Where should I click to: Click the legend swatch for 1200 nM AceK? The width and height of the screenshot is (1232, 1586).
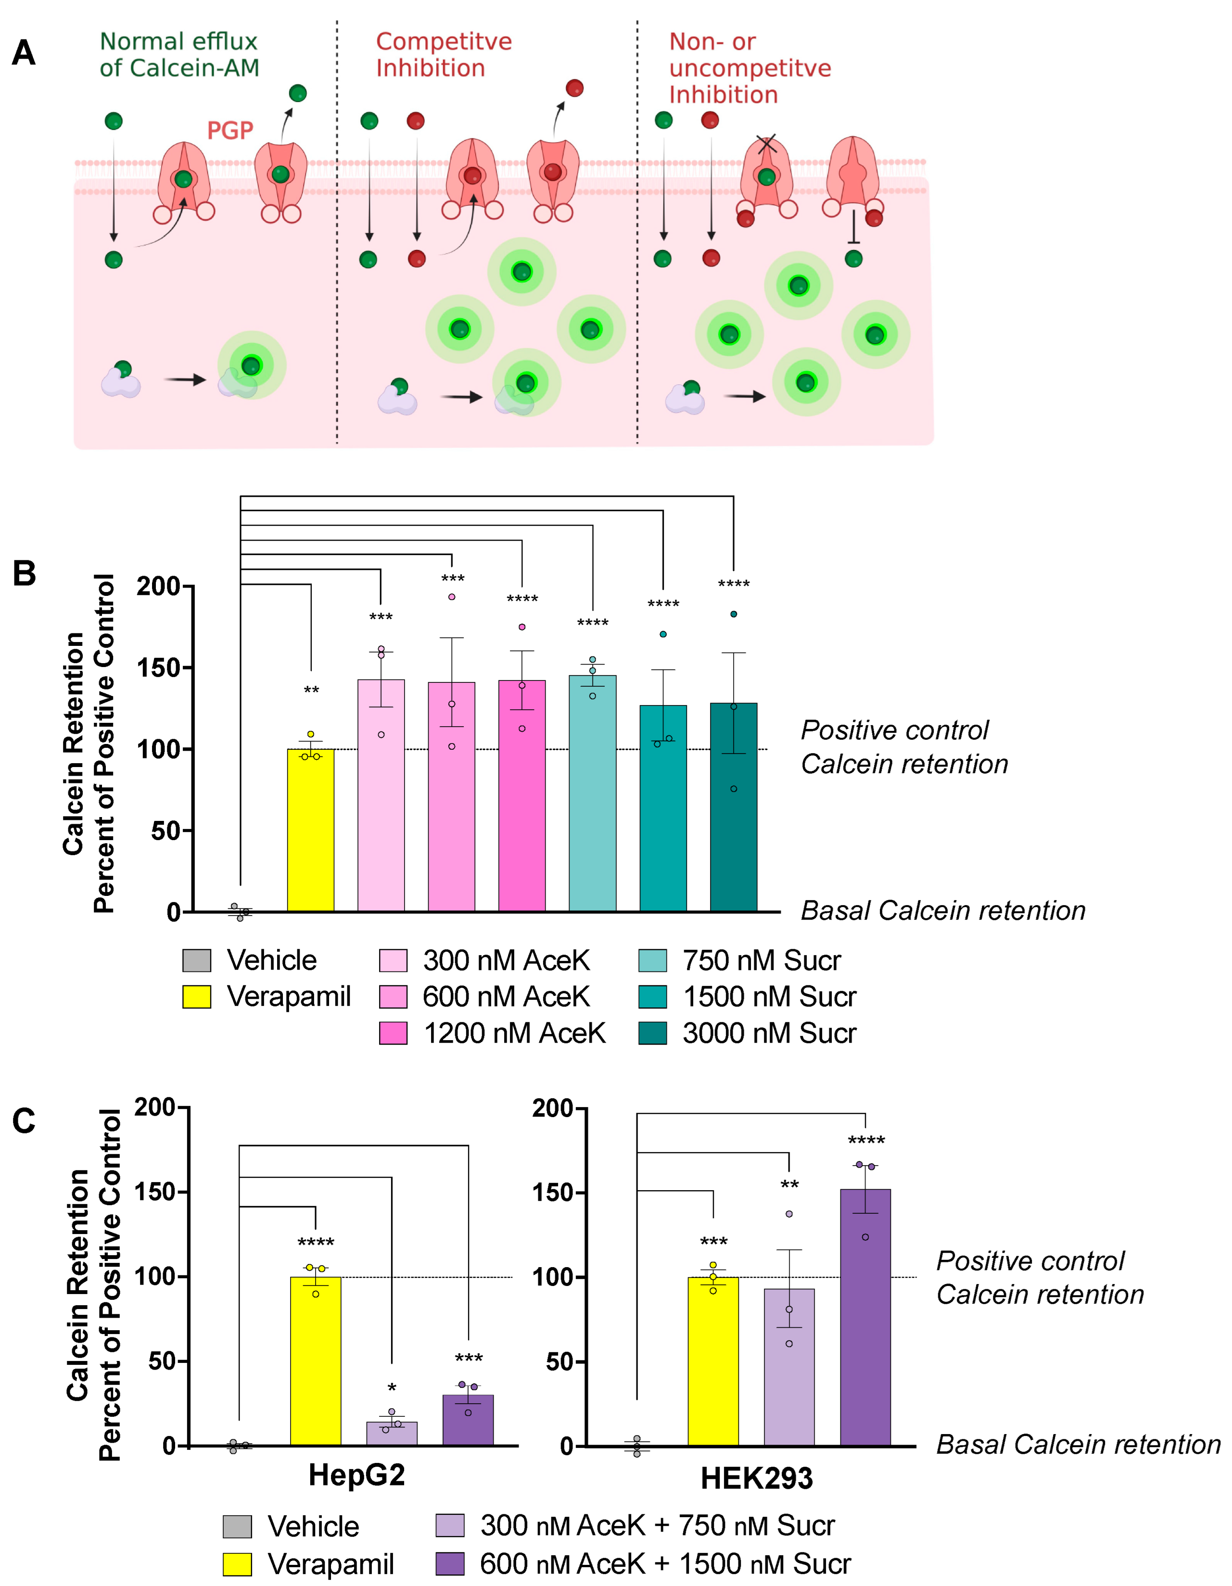[393, 1032]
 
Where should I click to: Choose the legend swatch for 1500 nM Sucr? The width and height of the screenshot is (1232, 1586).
[652, 996]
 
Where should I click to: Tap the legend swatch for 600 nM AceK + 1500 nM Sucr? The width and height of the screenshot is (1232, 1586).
[450, 1563]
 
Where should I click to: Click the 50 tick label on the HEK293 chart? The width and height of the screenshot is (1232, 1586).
[559, 1361]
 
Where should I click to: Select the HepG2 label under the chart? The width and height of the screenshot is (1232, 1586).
[356, 1475]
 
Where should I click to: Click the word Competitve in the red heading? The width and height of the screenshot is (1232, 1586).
[443, 41]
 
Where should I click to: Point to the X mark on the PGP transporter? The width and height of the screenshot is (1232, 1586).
[766, 144]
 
